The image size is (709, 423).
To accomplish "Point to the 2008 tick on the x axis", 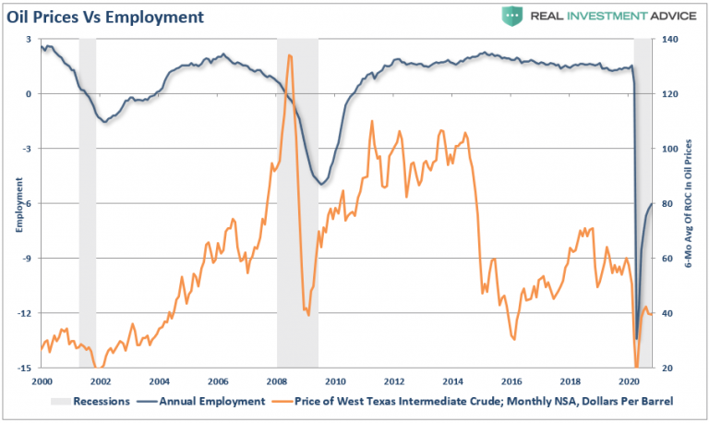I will coord(276,381).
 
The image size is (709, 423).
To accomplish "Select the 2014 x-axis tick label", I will coord(451,381).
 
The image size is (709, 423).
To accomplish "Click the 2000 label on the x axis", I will coord(42,381).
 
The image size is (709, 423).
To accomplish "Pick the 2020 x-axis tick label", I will coord(628,381).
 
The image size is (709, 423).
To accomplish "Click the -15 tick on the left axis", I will coord(28,368).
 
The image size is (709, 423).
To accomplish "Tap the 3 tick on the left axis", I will coord(30,40).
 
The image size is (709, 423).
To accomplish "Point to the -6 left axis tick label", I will coord(29,203).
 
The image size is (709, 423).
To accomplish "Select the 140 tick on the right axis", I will coord(666,40).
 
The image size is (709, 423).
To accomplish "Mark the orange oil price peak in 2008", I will coord(290,55).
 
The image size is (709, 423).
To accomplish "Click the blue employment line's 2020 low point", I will coord(637,338).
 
